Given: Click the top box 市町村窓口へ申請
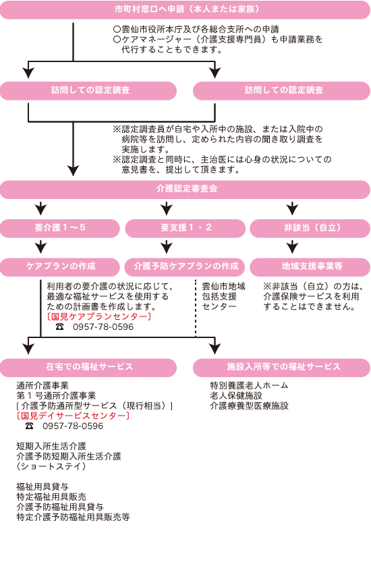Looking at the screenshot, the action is pyautogui.click(x=185, y=9).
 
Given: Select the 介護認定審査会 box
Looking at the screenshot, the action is pyautogui.click(x=185, y=190).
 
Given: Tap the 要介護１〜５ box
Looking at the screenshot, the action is pyautogui.click(x=60, y=228).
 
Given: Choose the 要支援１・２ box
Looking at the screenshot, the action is pyautogui.click(x=185, y=228).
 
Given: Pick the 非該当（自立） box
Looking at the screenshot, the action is pyautogui.click(x=310, y=228).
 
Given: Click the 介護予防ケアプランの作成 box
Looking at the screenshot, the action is pyautogui.click(x=185, y=267).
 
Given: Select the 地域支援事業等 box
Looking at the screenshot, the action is pyautogui.click(x=310, y=267).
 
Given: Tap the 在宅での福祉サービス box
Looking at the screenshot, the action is pyautogui.click(x=88, y=368).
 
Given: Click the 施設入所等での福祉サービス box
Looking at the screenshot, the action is pyautogui.click(x=282, y=368).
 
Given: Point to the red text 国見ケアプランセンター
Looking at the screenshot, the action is pyautogui.click(x=99, y=317).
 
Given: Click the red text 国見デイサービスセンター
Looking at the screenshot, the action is pyautogui.click(x=73, y=416).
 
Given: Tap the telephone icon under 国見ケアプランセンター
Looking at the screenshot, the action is pyautogui.click(x=60, y=327).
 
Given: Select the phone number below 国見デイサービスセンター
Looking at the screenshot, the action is pyautogui.click(x=73, y=426).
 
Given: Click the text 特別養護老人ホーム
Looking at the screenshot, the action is pyautogui.click(x=249, y=385).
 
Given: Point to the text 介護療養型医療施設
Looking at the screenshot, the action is pyautogui.click(x=249, y=406).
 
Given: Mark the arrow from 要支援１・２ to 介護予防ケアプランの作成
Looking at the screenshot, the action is pyautogui.click(x=167, y=247).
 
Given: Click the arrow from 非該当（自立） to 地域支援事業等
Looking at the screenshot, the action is pyautogui.click(x=292, y=247).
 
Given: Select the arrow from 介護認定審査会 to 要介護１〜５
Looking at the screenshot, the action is pyautogui.click(x=40, y=208).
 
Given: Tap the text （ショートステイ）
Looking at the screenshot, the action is pyautogui.click(x=51, y=466).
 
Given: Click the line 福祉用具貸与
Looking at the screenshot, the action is pyautogui.click(x=42, y=486).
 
